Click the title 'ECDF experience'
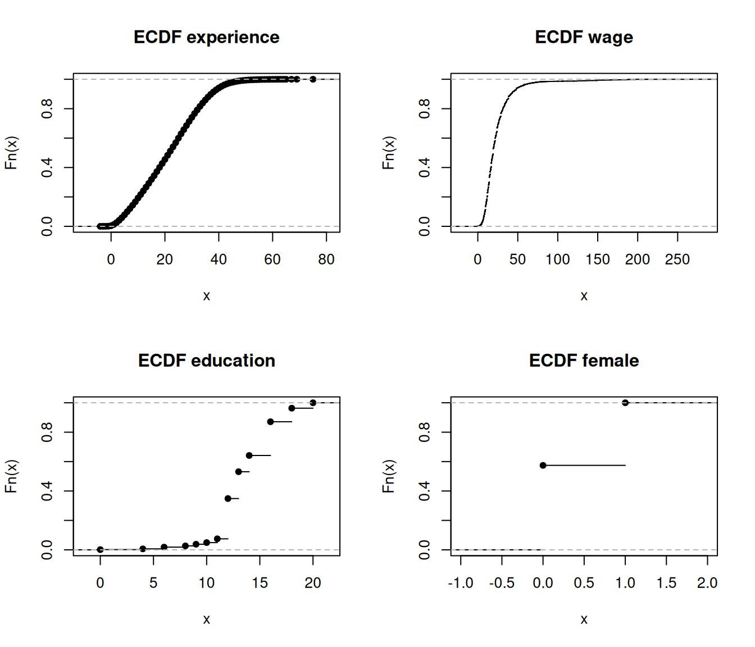click(206, 37)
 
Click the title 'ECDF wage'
click(584, 37)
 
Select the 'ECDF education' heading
click(206, 361)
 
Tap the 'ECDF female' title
click(584, 361)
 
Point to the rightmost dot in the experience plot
click(313, 79)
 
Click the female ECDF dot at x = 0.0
click(543, 465)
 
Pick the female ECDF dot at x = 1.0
click(625, 403)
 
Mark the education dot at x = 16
click(270, 422)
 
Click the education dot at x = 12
click(228, 498)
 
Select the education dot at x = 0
click(100, 549)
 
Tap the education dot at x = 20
click(313, 403)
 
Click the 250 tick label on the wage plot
click(677, 259)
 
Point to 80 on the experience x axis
click(326, 259)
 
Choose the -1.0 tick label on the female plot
click(461, 583)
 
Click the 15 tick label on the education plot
click(260, 583)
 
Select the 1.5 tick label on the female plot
click(666, 583)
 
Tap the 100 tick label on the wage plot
click(557, 259)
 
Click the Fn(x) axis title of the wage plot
click(388, 153)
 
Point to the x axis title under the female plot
click(584, 619)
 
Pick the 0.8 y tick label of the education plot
click(47, 432)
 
